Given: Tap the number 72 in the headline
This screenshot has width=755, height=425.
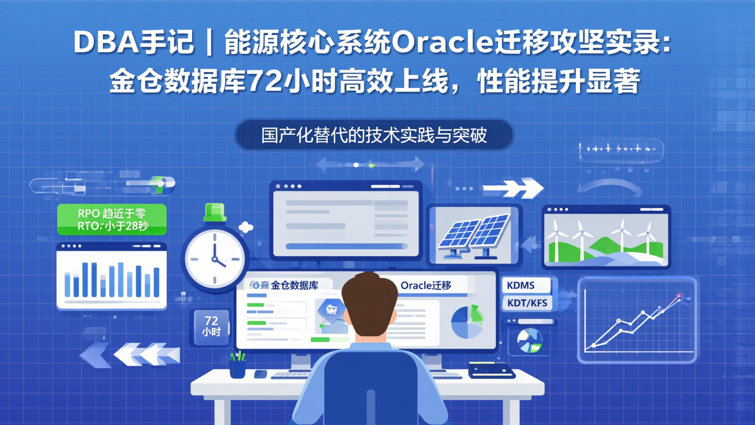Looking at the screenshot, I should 265,81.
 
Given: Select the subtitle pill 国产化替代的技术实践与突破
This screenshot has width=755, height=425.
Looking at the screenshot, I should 374,135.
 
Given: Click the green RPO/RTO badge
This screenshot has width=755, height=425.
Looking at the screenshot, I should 112,220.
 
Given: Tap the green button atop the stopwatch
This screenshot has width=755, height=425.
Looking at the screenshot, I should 214,211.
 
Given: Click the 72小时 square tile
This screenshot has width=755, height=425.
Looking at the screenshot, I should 211,326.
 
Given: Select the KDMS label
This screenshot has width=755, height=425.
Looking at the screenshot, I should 525,285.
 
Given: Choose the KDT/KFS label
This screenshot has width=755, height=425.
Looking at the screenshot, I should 527,303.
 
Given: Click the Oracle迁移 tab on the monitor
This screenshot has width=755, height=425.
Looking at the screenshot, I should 426,285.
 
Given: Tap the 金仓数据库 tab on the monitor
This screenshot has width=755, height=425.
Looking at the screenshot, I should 286,285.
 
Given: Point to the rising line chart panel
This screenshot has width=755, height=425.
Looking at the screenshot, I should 638,320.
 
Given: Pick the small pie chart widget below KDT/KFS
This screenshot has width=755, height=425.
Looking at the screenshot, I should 529,341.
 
